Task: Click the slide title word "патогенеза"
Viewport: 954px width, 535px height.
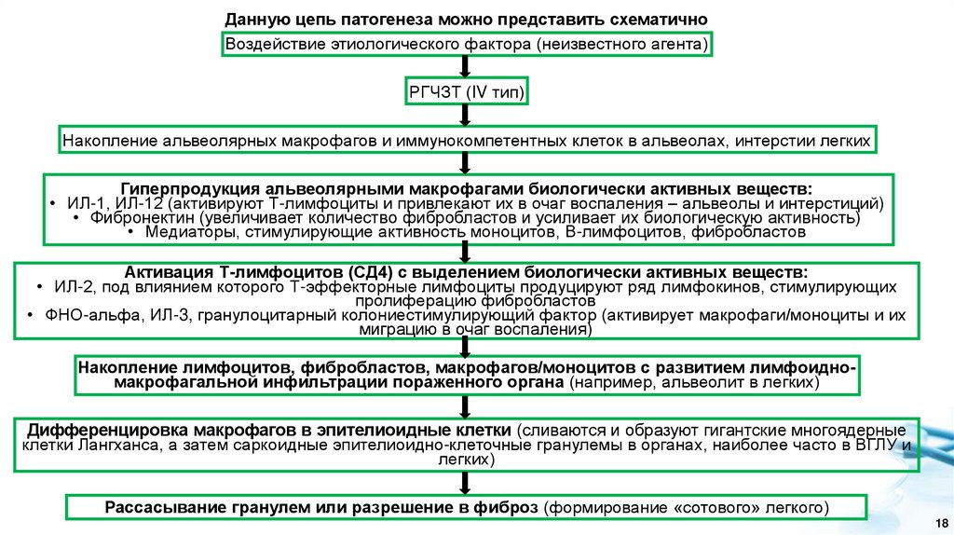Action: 355,20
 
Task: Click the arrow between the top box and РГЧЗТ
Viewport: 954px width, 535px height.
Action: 466,68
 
